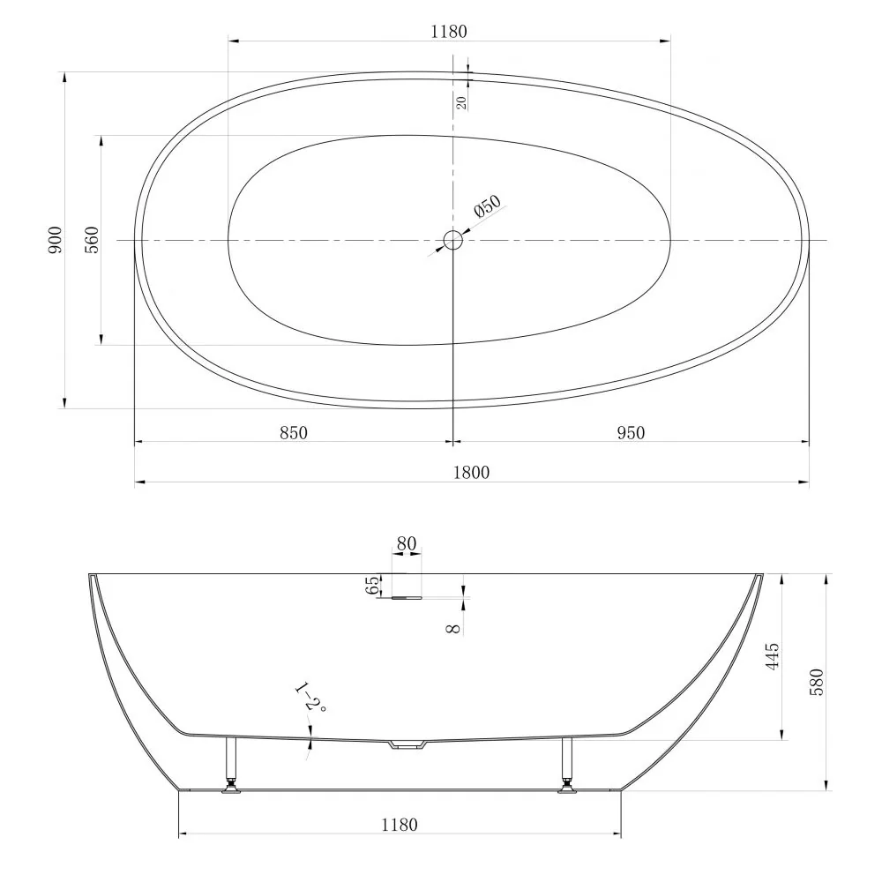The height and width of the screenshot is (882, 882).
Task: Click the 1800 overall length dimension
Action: coord(472,472)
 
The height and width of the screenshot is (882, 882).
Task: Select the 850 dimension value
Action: coord(293,432)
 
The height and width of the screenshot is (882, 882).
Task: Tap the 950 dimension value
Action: coord(631,432)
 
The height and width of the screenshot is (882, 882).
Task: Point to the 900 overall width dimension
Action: coord(56,240)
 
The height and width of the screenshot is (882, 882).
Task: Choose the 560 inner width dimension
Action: coord(92,240)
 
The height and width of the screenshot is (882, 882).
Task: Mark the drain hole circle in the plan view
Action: coord(452,240)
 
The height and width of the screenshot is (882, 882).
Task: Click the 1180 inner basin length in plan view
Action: coord(448,32)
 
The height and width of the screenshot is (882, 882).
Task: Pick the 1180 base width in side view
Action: coord(399,825)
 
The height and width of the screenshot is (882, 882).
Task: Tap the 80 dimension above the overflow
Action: coord(406,544)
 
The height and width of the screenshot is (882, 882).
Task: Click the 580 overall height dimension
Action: coord(817,682)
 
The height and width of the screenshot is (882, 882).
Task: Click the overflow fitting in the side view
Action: coord(401,598)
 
